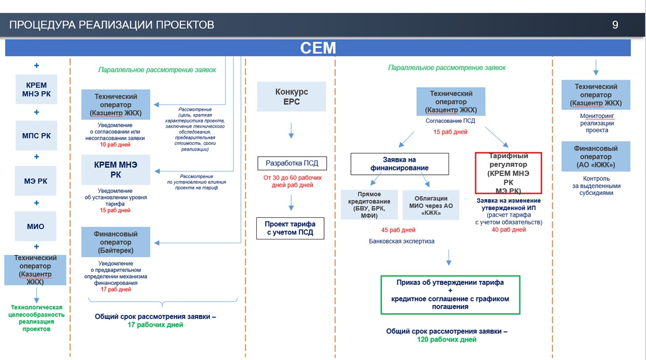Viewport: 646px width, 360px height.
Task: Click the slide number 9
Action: click(615, 25)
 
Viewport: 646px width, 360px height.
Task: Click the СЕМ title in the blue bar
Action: click(318, 48)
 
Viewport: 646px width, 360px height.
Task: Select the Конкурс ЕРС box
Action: click(291, 97)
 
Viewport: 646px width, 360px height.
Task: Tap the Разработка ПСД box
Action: click(291, 163)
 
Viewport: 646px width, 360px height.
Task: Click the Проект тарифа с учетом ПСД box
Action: click(291, 228)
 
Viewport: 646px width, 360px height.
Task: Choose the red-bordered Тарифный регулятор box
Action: click(508, 173)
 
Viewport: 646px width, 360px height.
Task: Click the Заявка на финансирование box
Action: click(399, 164)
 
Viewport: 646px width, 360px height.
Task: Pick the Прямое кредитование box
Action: click(369, 204)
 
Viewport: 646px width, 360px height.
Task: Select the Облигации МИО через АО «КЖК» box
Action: click(431, 204)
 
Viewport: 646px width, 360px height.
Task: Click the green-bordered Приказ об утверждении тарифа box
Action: click(450, 294)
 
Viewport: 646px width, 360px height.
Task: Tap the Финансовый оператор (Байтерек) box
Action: click(116, 242)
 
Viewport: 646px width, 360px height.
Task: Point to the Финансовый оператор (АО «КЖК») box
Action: click(595, 157)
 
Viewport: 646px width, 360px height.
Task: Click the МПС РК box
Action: click(37, 135)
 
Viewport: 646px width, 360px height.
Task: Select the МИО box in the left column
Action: click(36, 226)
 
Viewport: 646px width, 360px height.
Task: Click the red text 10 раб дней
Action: click(115, 145)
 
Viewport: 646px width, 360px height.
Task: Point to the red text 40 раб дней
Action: click(508, 230)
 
